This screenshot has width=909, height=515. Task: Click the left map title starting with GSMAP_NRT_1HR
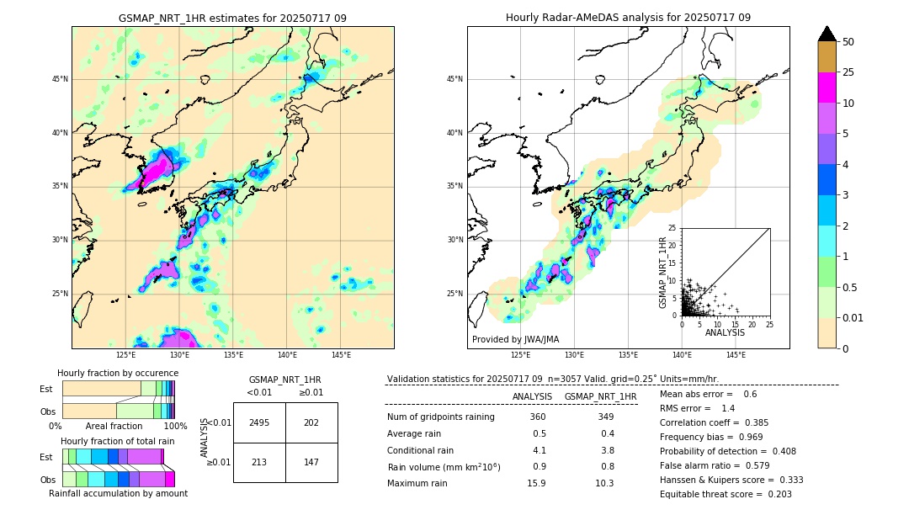[x=232, y=18]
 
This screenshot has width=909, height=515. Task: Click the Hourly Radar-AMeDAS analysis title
[x=628, y=18]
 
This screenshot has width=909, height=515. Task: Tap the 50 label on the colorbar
[x=848, y=41]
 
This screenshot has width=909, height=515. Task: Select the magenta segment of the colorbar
[x=827, y=88]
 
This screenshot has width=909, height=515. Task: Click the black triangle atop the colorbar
[x=827, y=34]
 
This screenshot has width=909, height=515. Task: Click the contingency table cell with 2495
[x=259, y=422]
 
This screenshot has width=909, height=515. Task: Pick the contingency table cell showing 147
[x=311, y=462]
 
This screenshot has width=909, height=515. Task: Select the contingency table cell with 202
[x=311, y=422]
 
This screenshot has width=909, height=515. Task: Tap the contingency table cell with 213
[x=259, y=462]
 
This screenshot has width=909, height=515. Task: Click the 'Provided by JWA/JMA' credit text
[x=515, y=340]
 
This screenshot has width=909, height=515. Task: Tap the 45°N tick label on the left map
[x=61, y=79]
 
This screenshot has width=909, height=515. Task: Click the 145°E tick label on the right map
[x=736, y=355]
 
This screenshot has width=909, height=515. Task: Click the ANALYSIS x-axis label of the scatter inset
[x=725, y=333]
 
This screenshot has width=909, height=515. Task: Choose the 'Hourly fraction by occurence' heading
[x=118, y=373]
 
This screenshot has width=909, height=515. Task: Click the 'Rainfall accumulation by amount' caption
[x=118, y=494]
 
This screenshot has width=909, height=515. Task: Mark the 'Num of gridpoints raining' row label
[x=440, y=417]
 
